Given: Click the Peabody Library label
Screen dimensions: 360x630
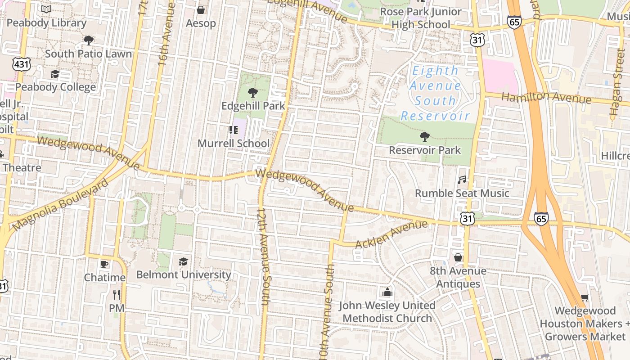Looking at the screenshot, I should pyautogui.click(x=46, y=22).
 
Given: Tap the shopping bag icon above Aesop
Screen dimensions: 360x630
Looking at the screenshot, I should pyautogui.click(x=201, y=10).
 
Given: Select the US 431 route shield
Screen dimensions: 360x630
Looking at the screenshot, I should pyautogui.click(x=22, y=64).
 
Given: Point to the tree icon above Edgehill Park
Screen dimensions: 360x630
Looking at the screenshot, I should pyautogui.click(x=253, y=93).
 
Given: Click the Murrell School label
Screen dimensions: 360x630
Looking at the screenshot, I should pyautogui.click(x=234, y=144).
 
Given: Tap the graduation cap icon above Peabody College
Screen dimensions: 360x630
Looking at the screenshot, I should pyautogui.click(x=55, y=74).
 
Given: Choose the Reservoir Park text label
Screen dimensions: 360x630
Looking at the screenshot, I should pyautogui.click(x=425, y=150).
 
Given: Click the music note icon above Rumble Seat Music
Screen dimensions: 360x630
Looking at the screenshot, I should pyautogui.click(x=462, y=180).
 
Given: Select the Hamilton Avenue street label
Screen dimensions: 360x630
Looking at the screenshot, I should pyautogui.click(x=546, y=98).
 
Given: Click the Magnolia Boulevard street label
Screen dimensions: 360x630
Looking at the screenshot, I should pyautogui.click(x=60, y=205).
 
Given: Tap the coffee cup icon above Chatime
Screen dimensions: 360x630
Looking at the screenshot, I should pyautogui.click(x=104, y=264).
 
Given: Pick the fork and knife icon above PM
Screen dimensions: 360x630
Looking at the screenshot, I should pyautogui.click(x=117, y=295).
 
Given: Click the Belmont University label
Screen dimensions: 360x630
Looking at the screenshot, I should pyautogui.click(x=184, y=274).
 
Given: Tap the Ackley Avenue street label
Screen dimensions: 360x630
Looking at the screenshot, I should pyautogui.click(x=391, y=234).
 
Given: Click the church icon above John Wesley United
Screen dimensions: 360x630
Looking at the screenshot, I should pyautogui.click(x=387, y=292).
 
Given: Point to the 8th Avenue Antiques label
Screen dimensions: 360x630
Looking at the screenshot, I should pyautogui.click(x=458, y=277).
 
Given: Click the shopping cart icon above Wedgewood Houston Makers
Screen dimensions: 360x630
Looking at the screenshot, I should pyautogui.click(x=585, y=297).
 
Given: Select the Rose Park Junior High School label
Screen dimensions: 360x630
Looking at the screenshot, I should pyautogui.click(x=421, y=18).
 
